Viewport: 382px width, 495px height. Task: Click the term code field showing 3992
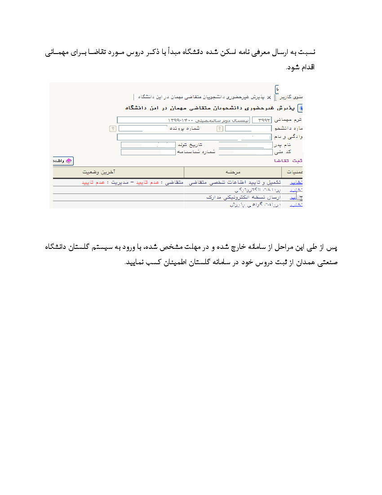[x=262, y=120]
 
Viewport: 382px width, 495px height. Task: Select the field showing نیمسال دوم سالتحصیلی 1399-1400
[x=184, y=120]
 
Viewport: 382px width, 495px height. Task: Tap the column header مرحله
[x=233, y=172]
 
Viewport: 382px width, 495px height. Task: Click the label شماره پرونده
[x=183, y=128]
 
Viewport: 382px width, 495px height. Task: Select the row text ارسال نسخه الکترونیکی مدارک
[x=238, y=198]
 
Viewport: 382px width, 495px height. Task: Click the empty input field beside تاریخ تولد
[x=148, y=145]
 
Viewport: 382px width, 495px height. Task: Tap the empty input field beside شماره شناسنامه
[x=148, y=152]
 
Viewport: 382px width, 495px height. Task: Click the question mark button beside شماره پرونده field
[x=113, y=128]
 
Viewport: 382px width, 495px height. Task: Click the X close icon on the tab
[x=269, y=97]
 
